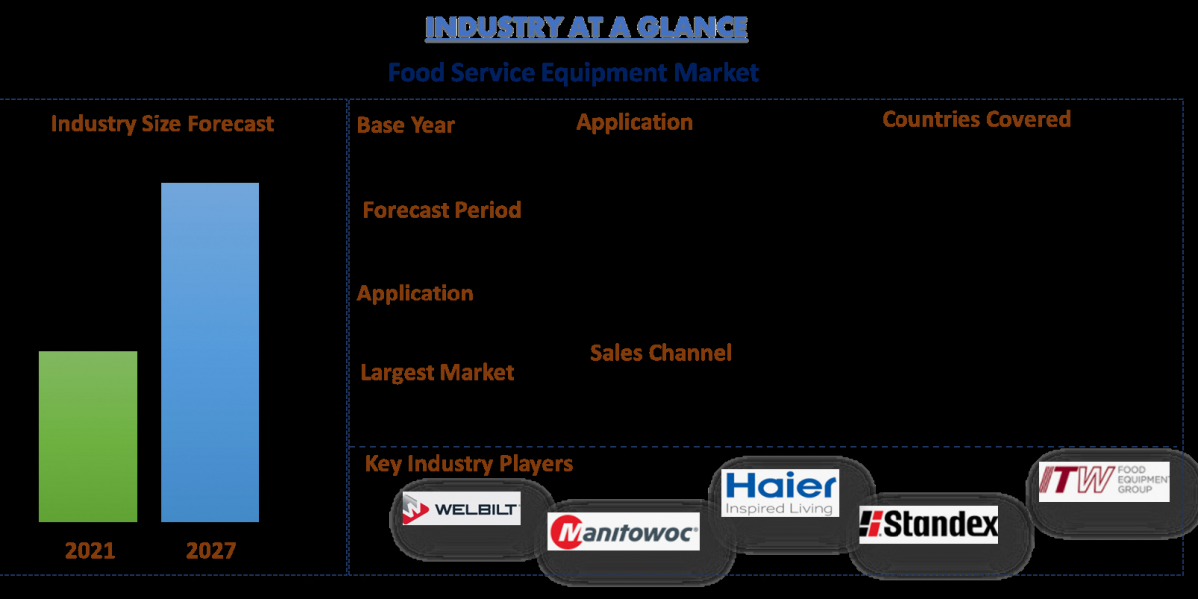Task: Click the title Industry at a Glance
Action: tap(587, 27)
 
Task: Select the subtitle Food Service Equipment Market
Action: tap(573, 73)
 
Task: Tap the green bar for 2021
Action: tap(88, 436)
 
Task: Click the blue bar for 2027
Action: tap(210, 352)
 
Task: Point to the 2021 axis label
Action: tap(90, 551)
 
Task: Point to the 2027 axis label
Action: tap(211, 551)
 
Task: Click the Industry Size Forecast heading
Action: tap(162, 124)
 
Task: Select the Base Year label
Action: tap(406, 125)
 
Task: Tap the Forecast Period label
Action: tap(442, 210)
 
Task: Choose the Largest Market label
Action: tap(437, 373)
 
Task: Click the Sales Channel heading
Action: tap(661, 353)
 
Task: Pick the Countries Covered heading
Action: tap(976, 119)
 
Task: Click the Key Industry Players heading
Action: tap(469, 464)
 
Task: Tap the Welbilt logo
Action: tap(461, 508)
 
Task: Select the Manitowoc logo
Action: tap(624, 531)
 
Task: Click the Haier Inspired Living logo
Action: tap(780, 493)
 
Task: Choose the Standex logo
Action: tap(928, 525)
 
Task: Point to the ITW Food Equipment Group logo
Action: tap(1104, 482)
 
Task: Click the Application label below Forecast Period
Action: tap(415, 294)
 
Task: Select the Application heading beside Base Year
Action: tap(635, 123)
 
